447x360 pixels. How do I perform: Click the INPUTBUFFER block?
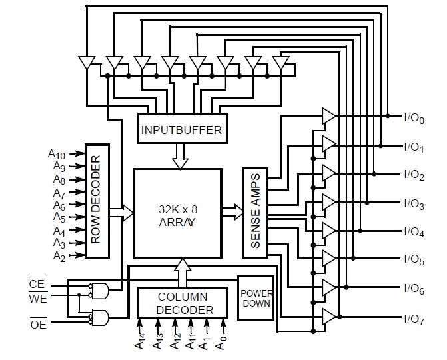(181, 129)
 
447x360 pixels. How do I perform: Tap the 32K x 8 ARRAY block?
(177, 213)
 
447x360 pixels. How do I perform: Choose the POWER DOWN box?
(255, 297)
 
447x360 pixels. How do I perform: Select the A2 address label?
(59, 256)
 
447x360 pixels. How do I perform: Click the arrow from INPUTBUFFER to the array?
(181, 155)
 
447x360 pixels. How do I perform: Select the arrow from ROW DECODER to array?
(121, 213)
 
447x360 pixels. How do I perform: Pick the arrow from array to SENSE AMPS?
(232, 213)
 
